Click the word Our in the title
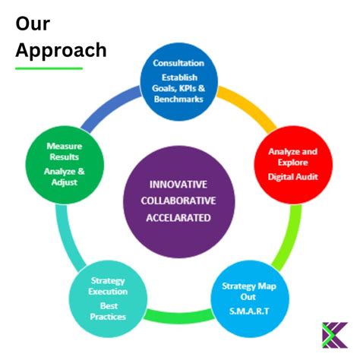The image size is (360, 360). coord(33,24)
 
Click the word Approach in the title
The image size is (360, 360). coord(61,50)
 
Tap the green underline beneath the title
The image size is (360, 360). coord(49,68)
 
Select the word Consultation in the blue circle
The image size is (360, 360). coord(178,63)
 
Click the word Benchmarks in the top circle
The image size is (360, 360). coord(178,99)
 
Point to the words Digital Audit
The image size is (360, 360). coord(293,177)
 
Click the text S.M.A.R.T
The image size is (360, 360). coord(249,311)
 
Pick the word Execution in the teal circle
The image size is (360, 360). coord(108,292)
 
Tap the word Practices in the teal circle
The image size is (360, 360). coord(108,317)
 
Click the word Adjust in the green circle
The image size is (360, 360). coord(65,182)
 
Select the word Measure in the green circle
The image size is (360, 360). coord(65,146)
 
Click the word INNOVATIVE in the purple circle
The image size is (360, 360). coord(178,185)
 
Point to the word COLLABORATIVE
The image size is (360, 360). coord(178,201)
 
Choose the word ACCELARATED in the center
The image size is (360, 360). coord(178,218)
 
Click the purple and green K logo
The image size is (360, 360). coord(335,335)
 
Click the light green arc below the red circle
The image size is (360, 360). coord(291,239)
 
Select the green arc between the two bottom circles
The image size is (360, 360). coord(178,317)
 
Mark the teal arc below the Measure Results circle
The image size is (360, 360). coord(67,238)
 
